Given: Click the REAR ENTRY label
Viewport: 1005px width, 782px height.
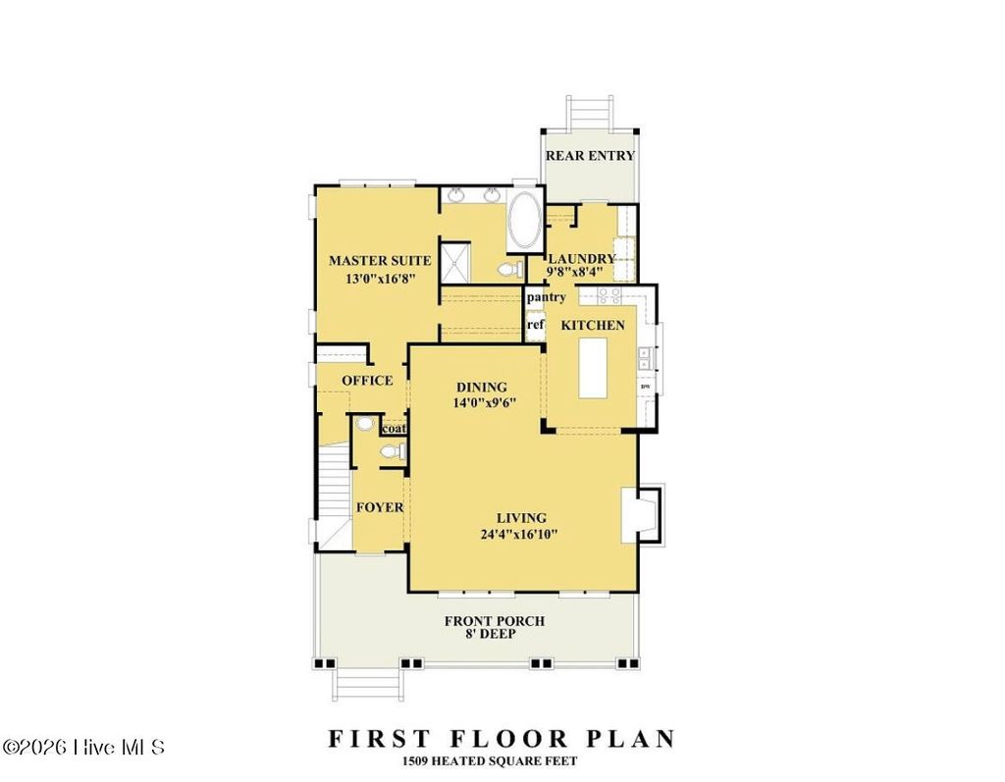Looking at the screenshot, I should (x=590, y=155).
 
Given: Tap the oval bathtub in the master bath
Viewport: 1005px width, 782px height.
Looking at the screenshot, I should (x=523, y=220).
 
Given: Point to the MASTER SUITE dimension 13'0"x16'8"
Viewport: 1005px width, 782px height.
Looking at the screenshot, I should (x=379, y=279).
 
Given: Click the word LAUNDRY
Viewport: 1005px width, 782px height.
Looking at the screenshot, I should (x=581, y=259).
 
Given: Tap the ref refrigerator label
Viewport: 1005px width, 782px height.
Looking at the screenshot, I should (x=535, y=325).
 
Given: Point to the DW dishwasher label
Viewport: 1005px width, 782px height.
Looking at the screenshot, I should (x=645, y=387).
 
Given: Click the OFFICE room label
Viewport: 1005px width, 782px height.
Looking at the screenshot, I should (x=367, y=381).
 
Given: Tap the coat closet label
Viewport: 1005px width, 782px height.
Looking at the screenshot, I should (x=394, y=428).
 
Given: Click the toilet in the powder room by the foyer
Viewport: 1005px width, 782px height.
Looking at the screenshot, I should (x=391, y=451).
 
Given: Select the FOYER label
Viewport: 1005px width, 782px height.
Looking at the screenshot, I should (x=379, y=507).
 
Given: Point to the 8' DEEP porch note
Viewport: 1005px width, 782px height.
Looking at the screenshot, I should (x=494, y=635).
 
